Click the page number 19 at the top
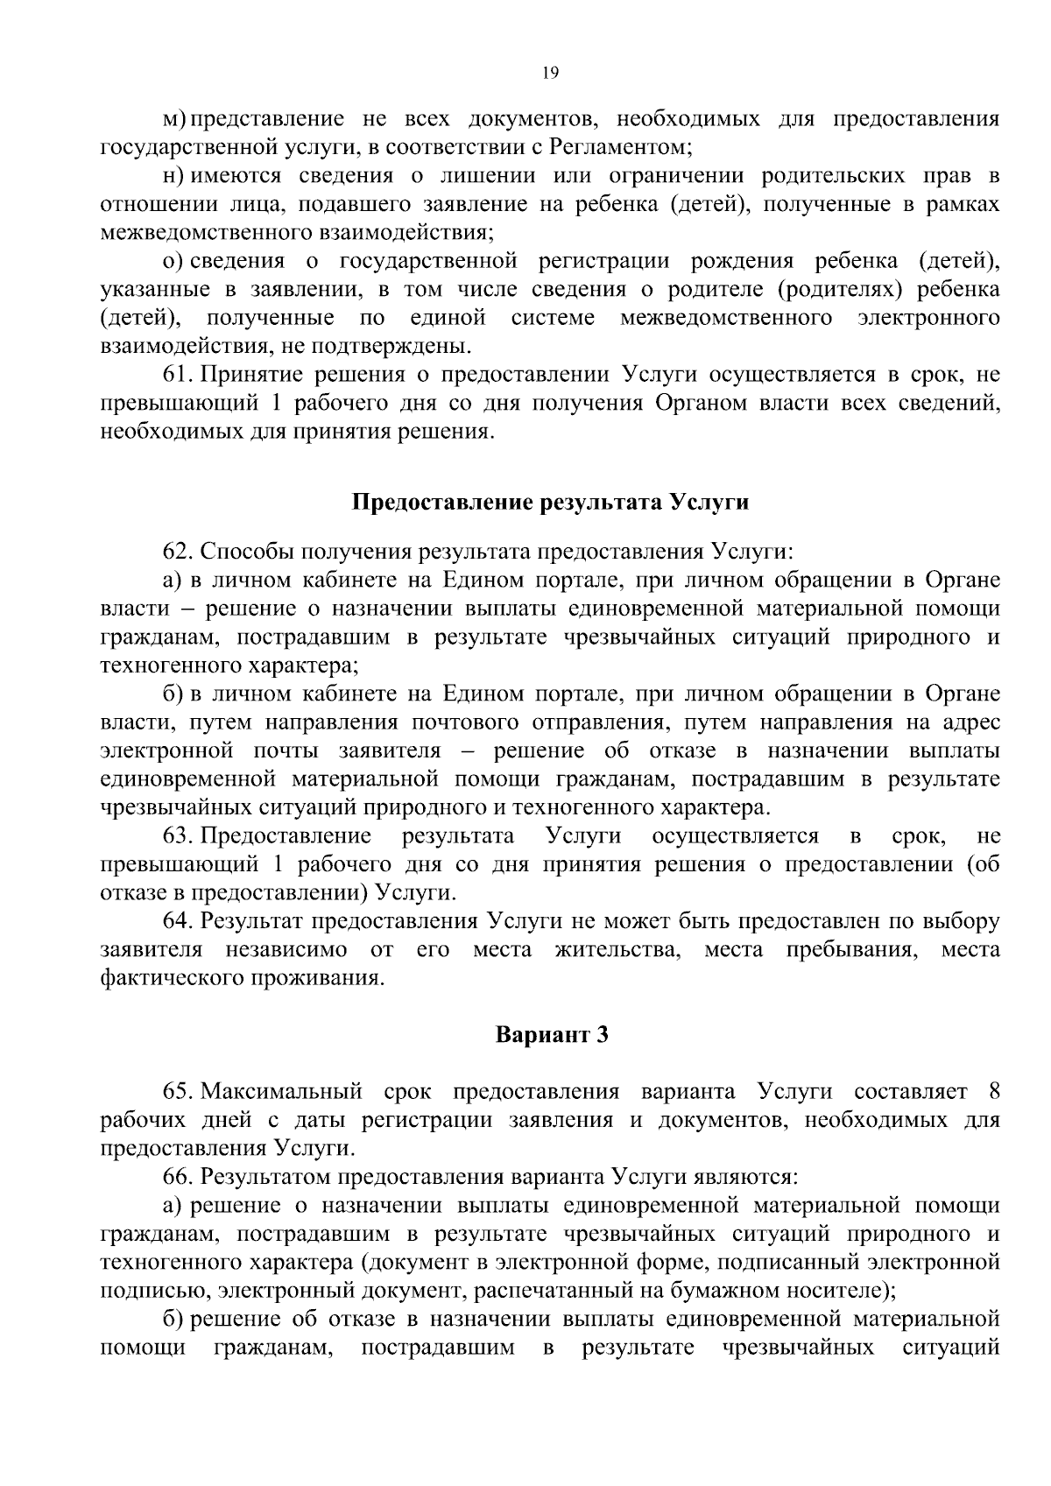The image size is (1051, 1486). [x=550, y=74]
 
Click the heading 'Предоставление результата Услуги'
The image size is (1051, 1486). [x=550, y=503]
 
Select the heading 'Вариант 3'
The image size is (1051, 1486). [x=551, y=1035]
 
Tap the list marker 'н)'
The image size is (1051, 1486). [x=174, y=175]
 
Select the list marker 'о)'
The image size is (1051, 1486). [x=174, y=261]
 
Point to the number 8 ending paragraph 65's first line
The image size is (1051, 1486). [x=993, y=1092]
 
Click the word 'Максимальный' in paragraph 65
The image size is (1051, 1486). [x=281, y=1092]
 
